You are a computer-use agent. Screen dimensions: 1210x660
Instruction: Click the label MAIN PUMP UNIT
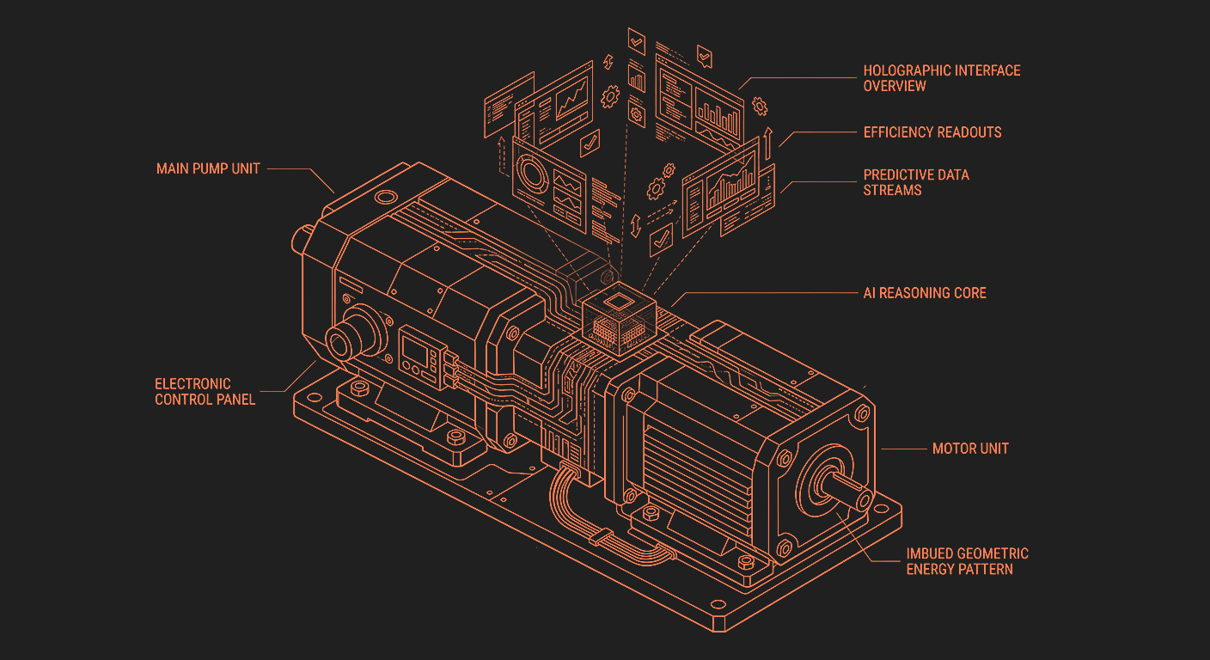(208, 168)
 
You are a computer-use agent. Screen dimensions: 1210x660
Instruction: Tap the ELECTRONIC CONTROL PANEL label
(205, 392)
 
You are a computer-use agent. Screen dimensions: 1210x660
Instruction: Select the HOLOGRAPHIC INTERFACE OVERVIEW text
(942, 78)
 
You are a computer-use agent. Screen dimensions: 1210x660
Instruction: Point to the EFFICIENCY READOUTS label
(932, 132)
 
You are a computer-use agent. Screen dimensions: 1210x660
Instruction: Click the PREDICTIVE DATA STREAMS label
(916, 182)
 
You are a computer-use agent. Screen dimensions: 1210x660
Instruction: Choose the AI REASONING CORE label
(925, 293)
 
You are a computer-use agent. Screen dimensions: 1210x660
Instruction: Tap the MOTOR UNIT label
(970, 449)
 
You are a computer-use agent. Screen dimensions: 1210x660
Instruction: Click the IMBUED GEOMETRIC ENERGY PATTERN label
(967, 561)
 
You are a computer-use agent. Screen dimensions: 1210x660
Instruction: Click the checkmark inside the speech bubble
(705, 56)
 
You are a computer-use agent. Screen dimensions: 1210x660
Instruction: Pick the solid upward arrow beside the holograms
(768, 144)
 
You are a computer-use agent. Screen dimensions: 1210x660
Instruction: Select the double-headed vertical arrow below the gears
(636, 225)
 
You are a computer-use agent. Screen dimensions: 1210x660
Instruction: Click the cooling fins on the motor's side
(697, 475)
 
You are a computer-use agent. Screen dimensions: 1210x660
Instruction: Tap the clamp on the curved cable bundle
(601, 536)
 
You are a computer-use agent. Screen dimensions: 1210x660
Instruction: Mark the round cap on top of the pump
(386, 197)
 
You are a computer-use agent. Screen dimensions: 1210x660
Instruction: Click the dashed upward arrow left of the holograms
(503, 156)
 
